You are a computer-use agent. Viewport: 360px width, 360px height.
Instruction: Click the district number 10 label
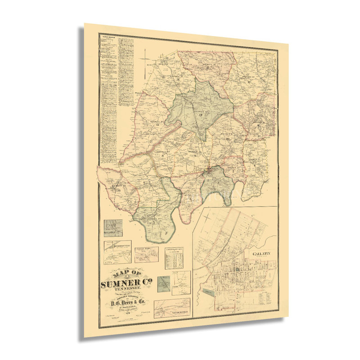(x=229, y=139)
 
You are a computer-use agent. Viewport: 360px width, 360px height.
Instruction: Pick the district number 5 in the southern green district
(x=153, y=222)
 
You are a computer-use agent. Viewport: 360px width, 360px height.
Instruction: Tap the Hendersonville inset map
(x=117, y=252)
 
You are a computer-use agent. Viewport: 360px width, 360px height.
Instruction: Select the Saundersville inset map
(x=172, y=307)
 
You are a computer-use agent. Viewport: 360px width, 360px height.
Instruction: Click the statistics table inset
(x=176, y=258)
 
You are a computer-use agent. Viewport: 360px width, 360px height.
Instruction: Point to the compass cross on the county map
(x=147, y=57)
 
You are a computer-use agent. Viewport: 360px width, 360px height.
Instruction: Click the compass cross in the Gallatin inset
(x=206, y=218)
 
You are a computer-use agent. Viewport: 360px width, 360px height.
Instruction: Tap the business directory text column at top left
(x=110, y=99)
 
